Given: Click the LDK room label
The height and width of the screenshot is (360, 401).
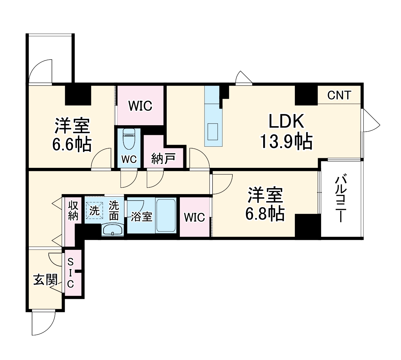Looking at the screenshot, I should (286, 122).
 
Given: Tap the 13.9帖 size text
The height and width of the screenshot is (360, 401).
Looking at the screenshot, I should (286, 141).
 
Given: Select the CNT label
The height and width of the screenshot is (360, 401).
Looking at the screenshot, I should (339, 95).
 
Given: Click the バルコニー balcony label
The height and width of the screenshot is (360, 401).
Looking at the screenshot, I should (341, 199).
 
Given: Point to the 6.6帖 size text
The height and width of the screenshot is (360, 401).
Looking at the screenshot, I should (72, 145).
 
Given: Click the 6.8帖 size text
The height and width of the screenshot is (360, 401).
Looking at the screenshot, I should (265, 214).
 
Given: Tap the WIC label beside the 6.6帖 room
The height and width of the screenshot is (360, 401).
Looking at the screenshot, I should (140, 106).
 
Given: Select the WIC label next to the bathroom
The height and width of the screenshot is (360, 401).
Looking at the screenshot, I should (194, 217).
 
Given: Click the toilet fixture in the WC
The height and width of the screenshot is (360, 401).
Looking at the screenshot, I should (129, 139).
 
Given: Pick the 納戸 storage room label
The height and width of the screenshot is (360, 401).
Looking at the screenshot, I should (163, 159).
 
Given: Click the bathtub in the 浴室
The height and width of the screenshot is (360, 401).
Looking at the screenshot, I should (166, 215).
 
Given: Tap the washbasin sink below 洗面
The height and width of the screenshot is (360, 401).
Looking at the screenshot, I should (112, 230).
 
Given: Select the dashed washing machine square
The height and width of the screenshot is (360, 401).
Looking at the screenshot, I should (94, 210).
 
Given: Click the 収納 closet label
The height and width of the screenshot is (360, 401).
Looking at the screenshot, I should (73, 210).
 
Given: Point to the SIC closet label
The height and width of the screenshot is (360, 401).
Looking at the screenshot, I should (71, 273).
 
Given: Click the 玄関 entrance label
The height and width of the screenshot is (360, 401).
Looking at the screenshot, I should (46, 280).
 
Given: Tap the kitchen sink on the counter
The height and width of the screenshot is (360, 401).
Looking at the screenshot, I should (213, 132).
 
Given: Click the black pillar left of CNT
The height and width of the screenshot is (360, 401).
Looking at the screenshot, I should (306, 94).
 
